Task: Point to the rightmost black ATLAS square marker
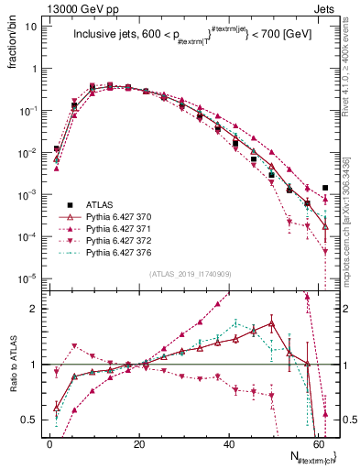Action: point(325,188)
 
